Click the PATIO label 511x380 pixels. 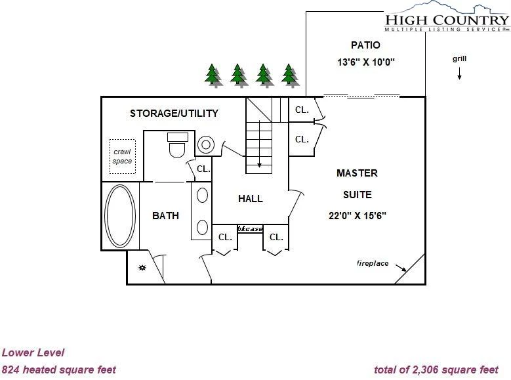point(365,45)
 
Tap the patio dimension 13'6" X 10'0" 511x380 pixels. point(365,62)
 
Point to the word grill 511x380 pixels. point(460,58)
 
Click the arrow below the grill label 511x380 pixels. point(459,74)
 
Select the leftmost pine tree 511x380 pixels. point(213,74)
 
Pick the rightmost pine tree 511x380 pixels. point(289,74)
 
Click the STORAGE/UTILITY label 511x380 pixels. point(174,113)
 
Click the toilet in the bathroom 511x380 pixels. point(177,145)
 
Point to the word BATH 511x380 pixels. point(165,216)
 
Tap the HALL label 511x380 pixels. point(251,199)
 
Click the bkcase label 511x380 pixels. point(251,229)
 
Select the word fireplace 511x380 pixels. point(373,263)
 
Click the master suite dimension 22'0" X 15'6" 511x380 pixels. point(358,216)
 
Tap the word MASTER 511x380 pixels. point(358,173)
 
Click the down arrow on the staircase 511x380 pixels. point(259,144)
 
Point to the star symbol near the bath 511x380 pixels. point(142,268)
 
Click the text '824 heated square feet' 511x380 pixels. point(59,370)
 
